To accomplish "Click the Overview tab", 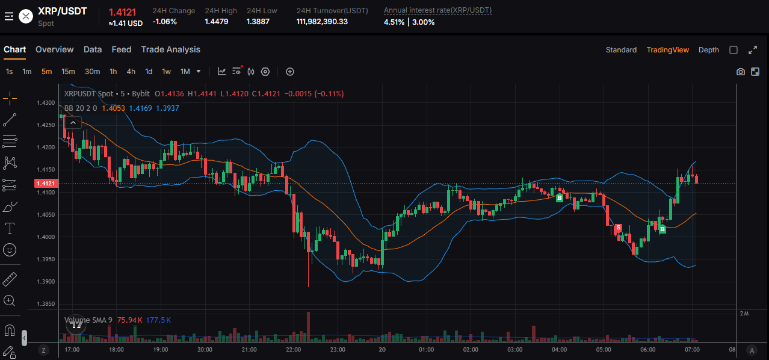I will click(54, 49).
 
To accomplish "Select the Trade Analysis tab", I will click(170, 49).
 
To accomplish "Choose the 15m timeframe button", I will click(68, 72).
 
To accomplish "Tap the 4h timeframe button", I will click(131, 72).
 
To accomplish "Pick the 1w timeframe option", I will click(166, 72).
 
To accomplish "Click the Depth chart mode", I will click(708, 50).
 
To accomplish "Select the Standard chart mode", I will click(621, 50).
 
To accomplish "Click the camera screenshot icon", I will click(740, 72).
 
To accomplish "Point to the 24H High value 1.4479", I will click(217, 22).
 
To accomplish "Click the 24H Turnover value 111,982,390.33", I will click(322, 22).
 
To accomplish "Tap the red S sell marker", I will click(618, 228).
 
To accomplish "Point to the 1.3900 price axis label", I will click(46, 282).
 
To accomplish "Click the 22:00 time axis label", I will click(293, 349).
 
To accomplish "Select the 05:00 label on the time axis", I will click(604, 349).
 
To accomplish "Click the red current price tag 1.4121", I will click(46, 184).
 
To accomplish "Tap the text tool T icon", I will click(10, 228).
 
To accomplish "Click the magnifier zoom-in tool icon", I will click(10, 300).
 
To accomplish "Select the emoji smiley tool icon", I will click(10, 249).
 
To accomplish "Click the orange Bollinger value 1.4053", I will click(113, 108).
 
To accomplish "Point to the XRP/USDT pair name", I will click(62, 11).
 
